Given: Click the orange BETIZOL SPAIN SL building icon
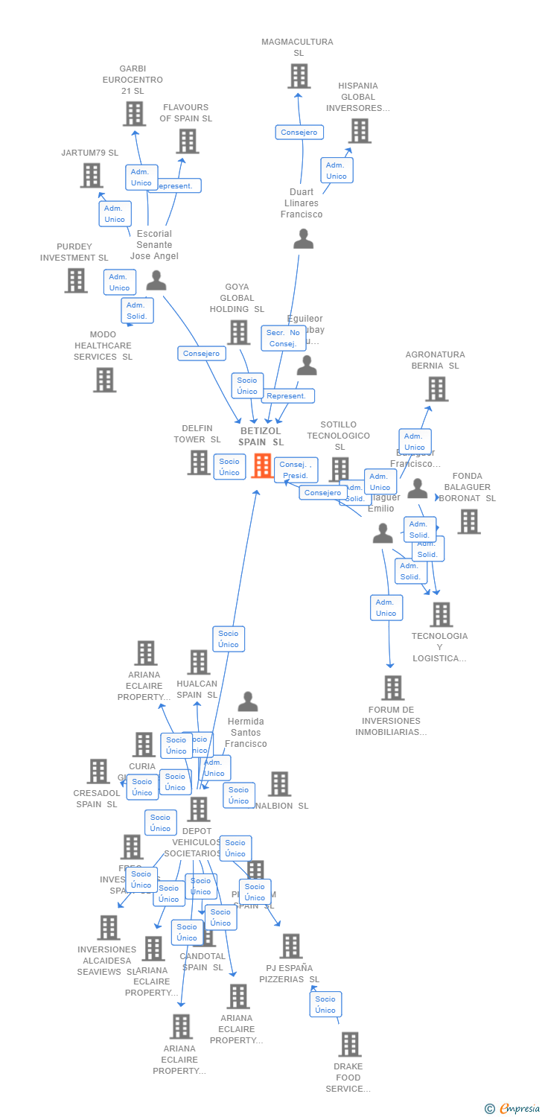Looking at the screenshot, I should (262, 465).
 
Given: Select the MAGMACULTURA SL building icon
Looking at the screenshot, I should (299, 76).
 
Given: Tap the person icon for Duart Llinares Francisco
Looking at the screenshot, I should (303, 239).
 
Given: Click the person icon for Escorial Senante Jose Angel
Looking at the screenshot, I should (156, 281).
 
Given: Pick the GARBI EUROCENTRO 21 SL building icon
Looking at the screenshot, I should (134, 114).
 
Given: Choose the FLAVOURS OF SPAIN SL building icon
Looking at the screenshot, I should (187, 141).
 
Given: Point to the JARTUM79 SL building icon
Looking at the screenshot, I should (91, 176).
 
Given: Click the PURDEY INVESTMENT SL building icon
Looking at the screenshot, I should (76, 281).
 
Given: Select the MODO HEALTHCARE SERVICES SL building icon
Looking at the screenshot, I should (104, 380).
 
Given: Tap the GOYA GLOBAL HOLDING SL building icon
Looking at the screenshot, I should (238, 332).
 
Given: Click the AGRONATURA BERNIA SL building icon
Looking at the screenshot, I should (436, 389).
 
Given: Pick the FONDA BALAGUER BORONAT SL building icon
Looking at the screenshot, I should (469, 521).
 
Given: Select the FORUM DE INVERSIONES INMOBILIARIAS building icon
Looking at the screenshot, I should (392, 688).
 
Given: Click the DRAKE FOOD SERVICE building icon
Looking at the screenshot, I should (349, 1044).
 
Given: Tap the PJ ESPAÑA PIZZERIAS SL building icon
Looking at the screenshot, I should (290, 946).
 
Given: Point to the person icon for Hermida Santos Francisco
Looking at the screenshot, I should (247, 701).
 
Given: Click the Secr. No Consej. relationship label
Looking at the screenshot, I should (283, 338).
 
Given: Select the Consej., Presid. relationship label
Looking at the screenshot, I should (296, 470).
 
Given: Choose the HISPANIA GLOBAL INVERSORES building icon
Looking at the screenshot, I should (360, 131).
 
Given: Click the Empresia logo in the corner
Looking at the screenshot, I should (514, 1109).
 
